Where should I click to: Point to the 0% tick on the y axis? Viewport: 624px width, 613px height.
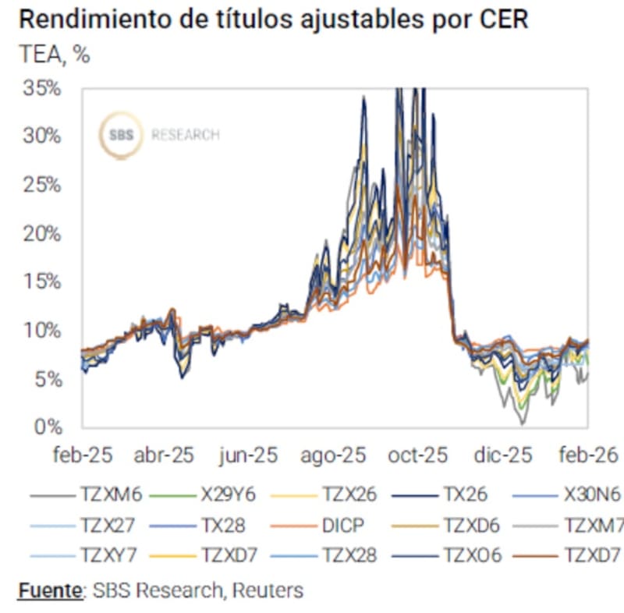[x=48, y=427]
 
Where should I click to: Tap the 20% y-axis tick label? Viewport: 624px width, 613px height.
[x=41, y=233]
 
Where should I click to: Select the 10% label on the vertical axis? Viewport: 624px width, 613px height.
[x=41, y=330]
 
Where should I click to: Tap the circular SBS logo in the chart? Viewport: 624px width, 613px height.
[x=121, y=135]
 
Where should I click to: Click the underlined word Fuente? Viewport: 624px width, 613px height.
[x=49, y=590]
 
